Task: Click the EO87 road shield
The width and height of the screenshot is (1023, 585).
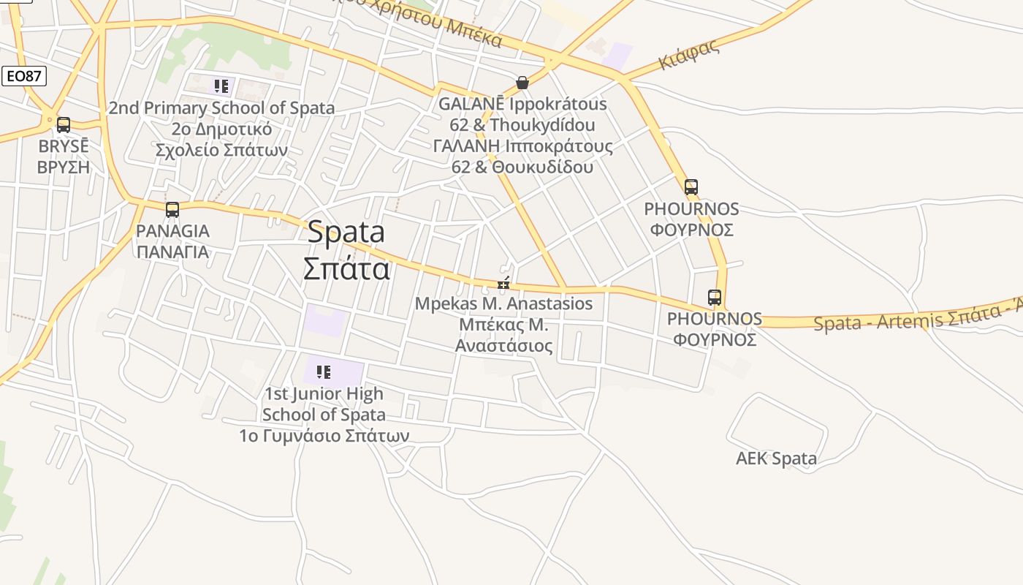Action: [24, 76]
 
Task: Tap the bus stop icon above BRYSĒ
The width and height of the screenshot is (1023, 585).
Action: [64, 125]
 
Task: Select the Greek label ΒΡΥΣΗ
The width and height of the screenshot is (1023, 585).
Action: [64, 167]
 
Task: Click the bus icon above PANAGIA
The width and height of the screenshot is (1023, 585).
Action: [172, 210]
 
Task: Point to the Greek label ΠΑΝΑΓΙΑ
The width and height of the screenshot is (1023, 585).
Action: [172, 252]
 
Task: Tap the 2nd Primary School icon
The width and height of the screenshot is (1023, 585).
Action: [221, 86]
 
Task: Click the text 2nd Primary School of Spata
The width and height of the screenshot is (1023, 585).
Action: [221, 108]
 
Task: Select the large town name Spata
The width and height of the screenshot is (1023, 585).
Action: [346, 233]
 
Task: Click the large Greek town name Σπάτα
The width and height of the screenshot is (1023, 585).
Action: [346, 268]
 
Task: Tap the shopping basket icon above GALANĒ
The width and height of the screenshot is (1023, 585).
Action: [522, 83]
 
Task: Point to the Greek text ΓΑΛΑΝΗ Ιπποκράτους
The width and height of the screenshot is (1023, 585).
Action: [523, 146]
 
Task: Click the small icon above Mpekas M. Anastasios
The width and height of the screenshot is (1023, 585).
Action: [503, 284]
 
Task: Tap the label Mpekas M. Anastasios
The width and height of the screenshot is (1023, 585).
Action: [503, 303]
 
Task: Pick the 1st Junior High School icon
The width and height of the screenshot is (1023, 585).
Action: [324, 372]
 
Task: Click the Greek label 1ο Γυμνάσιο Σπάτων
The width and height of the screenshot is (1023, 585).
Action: [324, 436]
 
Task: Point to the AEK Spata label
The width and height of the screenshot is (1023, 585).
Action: [776, 458]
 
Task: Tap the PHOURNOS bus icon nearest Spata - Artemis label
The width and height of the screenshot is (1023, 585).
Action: [715, 298]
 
